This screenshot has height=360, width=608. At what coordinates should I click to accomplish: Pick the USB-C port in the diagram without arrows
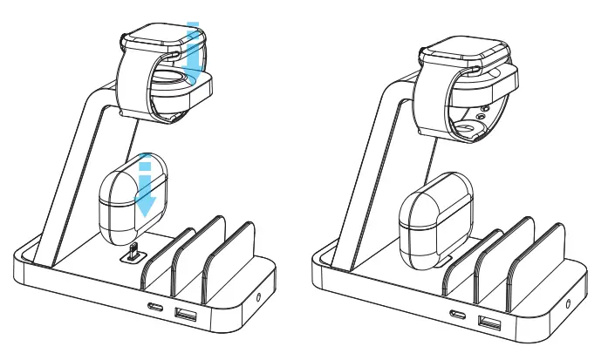click(x=457, y=315)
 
